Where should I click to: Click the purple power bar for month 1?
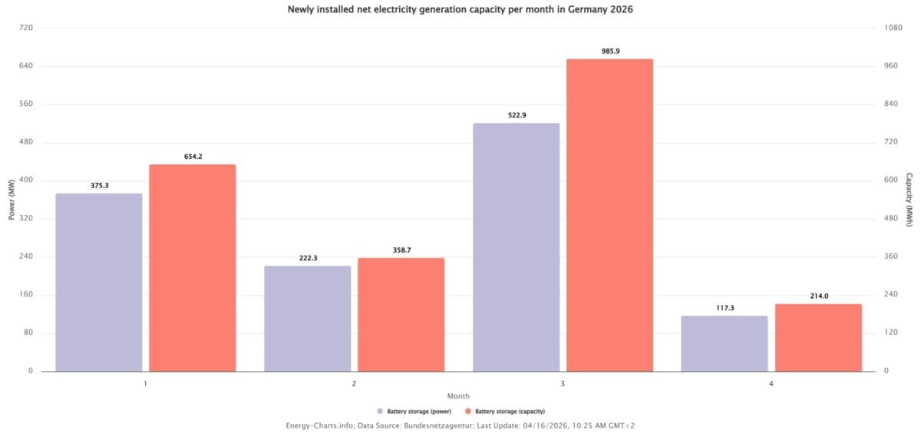click(98, 282)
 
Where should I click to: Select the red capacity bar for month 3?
click(609, 215)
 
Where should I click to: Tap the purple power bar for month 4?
click(724, 343)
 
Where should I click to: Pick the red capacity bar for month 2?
click(401, 314)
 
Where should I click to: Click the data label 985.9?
click(609, 51)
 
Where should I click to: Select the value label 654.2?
click(193, 157)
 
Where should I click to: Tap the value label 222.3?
click(307, 258)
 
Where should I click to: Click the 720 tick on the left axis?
click(26, 28)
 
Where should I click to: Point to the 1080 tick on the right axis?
click(893, 28)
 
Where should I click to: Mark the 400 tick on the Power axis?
click(26, 180)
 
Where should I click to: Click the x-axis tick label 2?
click(354, 382)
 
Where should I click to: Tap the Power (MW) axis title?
click(12, 200)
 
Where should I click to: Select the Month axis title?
click(458, 396)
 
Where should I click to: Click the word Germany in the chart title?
click(588, 10)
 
